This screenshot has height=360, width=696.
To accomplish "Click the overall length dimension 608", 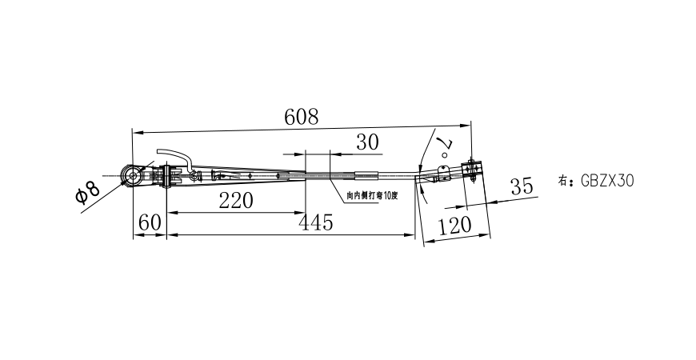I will pyautogui.click(x=302, y=117).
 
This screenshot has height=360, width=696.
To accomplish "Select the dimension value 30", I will pyautogui.click(x=367, y=142).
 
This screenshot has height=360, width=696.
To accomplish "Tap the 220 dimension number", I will pyautogui.click(x=236, y=200).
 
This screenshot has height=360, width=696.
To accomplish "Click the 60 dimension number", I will pyautogui.click(x=149, y=222).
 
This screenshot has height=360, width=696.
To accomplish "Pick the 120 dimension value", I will pyautogui.click(x=455, y=226).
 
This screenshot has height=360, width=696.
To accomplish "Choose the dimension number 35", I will pyautogui.click(x=521, y=187).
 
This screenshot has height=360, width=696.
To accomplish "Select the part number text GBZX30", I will pyautogui.click(x=605, y=181).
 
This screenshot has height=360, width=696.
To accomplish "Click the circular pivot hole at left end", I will pyautogui.click(x=130, y=175).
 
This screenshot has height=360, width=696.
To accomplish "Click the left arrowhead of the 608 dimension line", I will pyautogui.click(x=136, y=130).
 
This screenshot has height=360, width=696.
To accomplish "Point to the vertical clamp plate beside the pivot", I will pyautogui.click(x=166, y=176).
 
